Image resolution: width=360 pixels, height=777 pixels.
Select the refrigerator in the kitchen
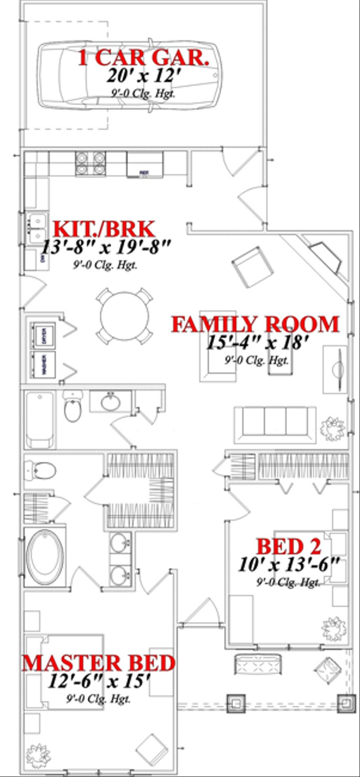coord(144,164)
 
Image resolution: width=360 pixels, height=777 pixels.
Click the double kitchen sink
coord(37,228)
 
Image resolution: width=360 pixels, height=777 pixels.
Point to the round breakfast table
coord(124,315)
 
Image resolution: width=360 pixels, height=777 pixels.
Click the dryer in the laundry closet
coord(43,336)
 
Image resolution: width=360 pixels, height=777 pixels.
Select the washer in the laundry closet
coord(43,364)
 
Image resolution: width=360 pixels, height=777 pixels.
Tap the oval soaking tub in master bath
coord(45,558)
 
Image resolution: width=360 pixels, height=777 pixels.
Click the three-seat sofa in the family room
coord(275,425)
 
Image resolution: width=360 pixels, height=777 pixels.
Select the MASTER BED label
coord(99,663)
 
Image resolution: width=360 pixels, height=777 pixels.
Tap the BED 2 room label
coord(289,546)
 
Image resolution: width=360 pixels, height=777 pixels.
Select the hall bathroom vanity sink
coord(110,402)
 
